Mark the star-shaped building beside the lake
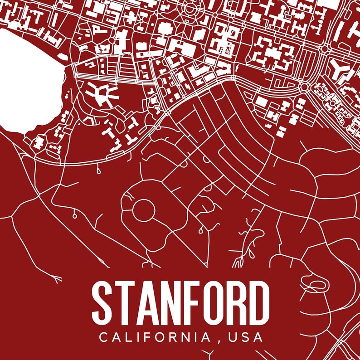tap(102, 93)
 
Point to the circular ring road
tap(144, 209)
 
